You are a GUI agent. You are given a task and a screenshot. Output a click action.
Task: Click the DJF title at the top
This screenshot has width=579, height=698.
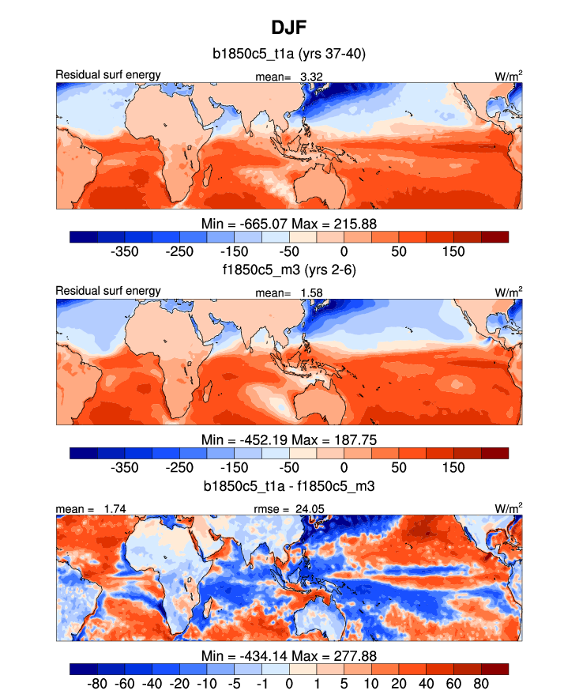click(289, 28)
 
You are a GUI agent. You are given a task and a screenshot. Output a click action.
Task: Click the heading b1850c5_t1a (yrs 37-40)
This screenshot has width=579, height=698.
click(289, 55)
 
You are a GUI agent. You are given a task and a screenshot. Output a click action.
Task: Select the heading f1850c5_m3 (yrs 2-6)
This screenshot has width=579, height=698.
click(289, 270)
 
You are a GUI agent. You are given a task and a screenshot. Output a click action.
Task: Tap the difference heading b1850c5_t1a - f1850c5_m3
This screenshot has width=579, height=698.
click(289, 485)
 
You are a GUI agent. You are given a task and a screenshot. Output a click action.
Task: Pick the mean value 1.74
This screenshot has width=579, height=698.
click(115, 508)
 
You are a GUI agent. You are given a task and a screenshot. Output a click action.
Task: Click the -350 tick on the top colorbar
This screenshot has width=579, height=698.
click(125, 251)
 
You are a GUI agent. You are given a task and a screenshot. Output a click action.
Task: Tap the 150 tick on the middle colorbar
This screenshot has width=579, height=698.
click(453, 466)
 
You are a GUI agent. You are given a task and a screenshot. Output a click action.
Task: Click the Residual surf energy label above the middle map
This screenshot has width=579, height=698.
click(108, 291)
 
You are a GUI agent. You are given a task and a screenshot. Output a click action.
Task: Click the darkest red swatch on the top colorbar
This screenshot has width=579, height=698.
click(494, 236)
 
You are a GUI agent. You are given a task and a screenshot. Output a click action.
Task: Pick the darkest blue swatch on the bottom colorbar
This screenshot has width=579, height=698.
click(83, 668)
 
